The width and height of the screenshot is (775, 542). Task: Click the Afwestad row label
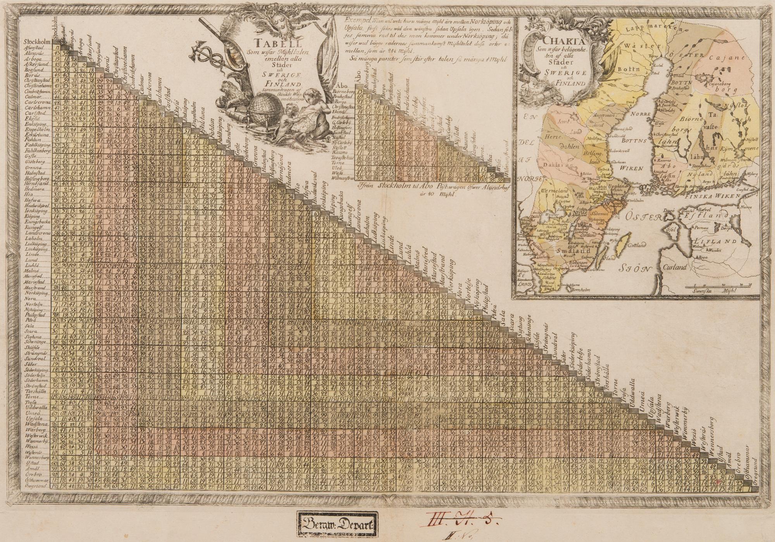(37, 47)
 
